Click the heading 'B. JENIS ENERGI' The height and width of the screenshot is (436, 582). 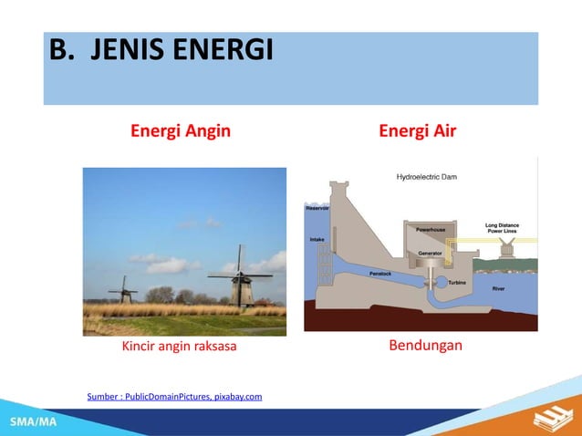click(x=161, y=50)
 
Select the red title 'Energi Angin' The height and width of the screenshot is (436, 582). click(x=180, y=131)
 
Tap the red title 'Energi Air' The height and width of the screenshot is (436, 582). click(x=417, y=131)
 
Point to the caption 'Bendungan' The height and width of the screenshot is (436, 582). click(x=425, y=346)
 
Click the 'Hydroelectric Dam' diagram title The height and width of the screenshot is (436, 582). click(x=426, y=176)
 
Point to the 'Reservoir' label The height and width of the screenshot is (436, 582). click(x=317, y=209)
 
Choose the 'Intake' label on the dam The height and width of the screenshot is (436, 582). click(x=317, y=240)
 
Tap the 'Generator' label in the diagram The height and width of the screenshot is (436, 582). click(x=430, y=252)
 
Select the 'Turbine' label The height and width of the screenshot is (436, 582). click(x=458, y=282)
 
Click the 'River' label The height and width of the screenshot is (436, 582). click(x=498, y=288)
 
